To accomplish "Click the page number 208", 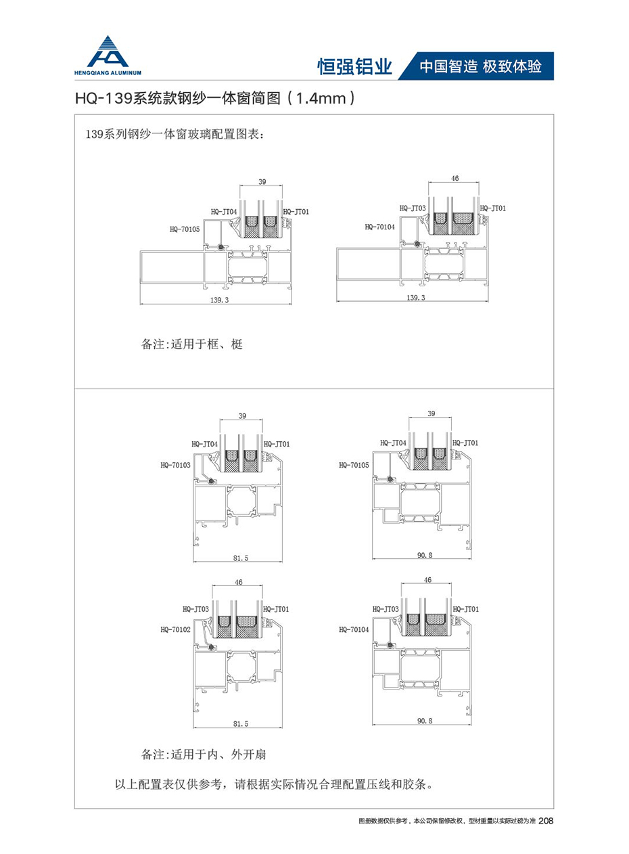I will coord(546,821).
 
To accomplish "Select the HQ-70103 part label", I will coord(175,465).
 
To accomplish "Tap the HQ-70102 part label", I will coord(175,629).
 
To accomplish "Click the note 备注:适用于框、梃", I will coord(191,344).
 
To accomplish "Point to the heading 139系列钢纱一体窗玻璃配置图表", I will coord(174,133).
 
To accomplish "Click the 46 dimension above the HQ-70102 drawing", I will coord(237,582).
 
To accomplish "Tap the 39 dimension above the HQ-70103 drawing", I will coord(242,415).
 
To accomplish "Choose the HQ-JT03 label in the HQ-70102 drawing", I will coord(196,609).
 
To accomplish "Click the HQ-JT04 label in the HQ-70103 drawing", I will coord(205,444).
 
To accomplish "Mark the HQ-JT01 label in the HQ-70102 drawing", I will coord(276,609).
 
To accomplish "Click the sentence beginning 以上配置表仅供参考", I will coord(273,786).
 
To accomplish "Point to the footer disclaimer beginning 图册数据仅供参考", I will coord(446,821).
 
